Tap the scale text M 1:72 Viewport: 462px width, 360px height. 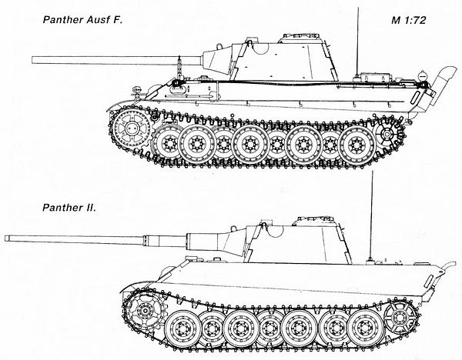click(409, 20)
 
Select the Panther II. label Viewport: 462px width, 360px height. click(69, 208)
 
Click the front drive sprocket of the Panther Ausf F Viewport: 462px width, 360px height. click(131, 128)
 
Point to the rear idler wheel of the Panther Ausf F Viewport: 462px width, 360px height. click(387, 134)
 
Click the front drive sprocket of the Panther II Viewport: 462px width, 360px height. click(145, 311)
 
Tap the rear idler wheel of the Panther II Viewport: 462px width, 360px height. click(400, 318)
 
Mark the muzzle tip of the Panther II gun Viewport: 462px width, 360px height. click(6, 238)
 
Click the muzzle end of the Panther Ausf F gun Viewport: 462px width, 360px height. click(32, 60)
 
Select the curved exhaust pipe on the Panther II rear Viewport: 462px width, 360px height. click(448, 267)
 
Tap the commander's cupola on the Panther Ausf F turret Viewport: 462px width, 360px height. click(301, 38)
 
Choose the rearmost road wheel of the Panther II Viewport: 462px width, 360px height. click(367, 327)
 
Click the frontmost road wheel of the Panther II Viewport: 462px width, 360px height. click(183, 328)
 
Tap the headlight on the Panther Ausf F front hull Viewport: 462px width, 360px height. click(136, 90)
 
